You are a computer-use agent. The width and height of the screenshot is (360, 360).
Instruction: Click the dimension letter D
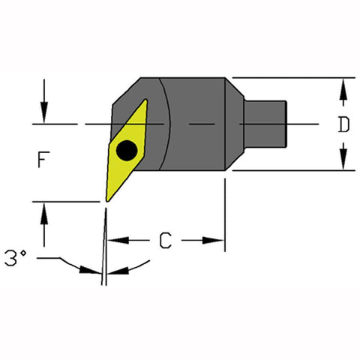(x=343, y=125)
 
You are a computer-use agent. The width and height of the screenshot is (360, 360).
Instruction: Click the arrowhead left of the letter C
(x=115, y=241)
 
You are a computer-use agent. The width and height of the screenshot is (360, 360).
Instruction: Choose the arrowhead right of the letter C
(x=217, y=241)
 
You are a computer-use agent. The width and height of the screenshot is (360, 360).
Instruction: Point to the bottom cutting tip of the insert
(x=106, y=199)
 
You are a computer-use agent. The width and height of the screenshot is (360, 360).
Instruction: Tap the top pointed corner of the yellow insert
(x=145, y=103)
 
